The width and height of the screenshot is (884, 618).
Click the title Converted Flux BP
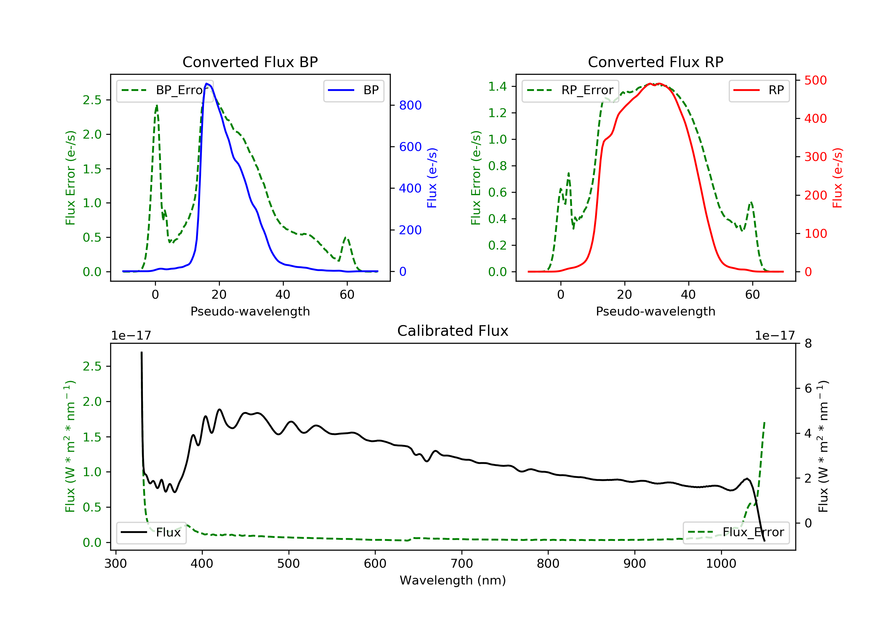(x=250, y=62)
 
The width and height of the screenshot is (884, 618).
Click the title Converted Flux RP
(x=655, y=62)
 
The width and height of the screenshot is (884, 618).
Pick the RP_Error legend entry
(x=570, y=90)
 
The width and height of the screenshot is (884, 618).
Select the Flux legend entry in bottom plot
(x=151, y=532)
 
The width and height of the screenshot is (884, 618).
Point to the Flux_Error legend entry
(x=736, y=532)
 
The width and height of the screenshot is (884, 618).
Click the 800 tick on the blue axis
(x=410, y=105)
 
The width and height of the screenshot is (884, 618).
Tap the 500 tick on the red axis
(x=815, y=80)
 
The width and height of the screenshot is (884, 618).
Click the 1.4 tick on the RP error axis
(x=497, y=87)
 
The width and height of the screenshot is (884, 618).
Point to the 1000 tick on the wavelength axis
(x=721, y=564)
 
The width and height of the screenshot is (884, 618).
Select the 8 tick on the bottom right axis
(x=808, y=343)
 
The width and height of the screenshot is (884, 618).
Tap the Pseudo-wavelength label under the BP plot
(x=250, y=311)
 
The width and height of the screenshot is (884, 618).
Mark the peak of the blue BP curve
(x=207, y=84)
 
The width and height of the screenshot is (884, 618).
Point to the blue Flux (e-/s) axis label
(x=432, y=178)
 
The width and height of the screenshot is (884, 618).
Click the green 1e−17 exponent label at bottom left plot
(x=131, y=336)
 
